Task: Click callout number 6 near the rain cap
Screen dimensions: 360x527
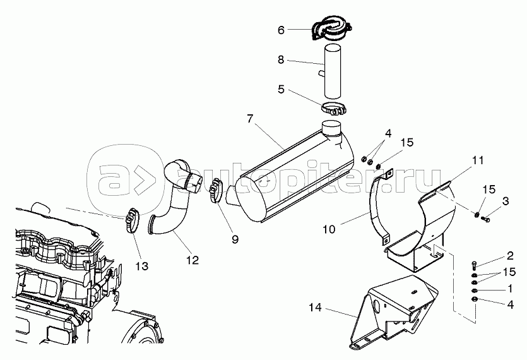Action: pos(281,29)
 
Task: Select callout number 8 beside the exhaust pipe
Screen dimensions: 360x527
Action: pos(281,61)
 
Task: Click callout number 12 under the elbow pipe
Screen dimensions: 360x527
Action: pos(192,259)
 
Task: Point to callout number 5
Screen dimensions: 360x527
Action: pos(281,90)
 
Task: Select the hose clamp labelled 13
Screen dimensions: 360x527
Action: pos(132,219)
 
